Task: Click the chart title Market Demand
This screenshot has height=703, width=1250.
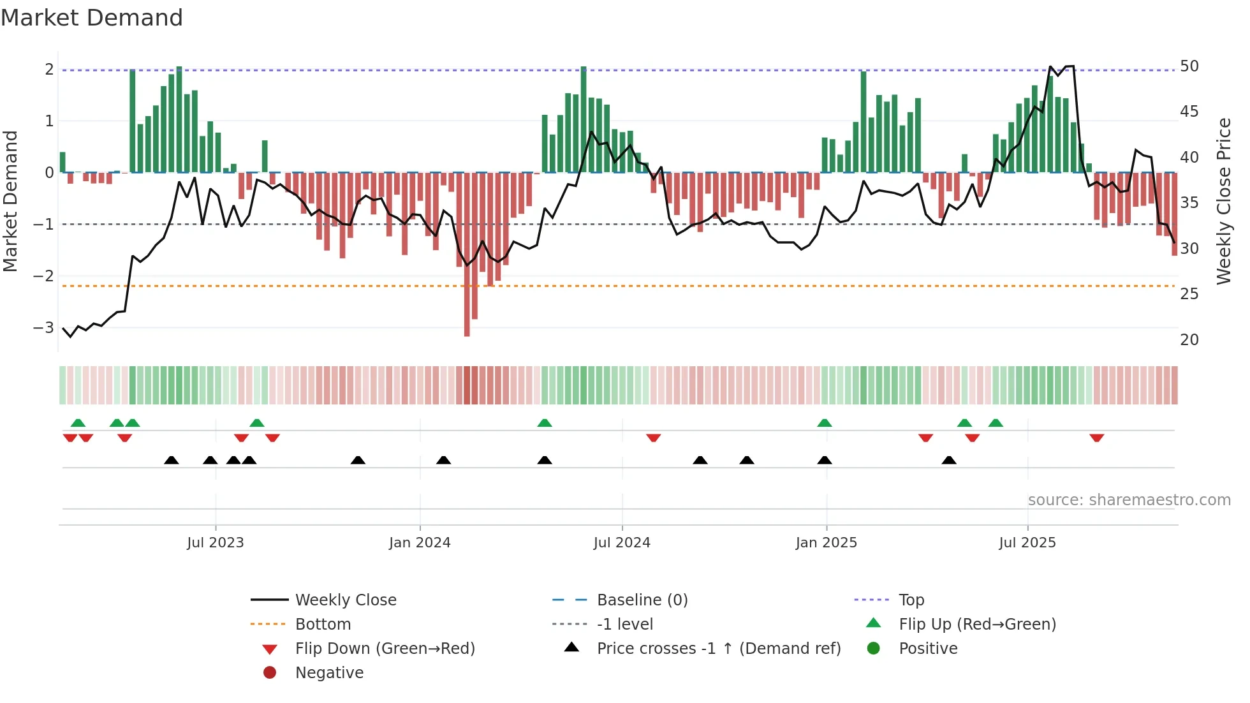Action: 92,17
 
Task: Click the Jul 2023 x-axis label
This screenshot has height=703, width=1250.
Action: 215,543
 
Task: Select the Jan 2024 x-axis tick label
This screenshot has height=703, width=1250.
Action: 420,543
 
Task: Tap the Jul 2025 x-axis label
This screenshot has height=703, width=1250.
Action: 1027,543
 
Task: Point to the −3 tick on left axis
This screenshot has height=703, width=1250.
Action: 43,328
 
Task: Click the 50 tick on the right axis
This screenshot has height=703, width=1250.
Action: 1189,66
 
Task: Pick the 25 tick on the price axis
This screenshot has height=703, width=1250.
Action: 1189,294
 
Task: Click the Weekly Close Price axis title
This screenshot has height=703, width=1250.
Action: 1223,201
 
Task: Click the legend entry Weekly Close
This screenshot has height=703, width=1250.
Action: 345,600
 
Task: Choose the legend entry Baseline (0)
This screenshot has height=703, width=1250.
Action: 642,600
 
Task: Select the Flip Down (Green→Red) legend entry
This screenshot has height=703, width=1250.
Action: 385,649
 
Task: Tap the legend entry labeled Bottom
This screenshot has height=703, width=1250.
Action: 323,625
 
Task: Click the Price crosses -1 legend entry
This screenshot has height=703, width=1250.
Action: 718,649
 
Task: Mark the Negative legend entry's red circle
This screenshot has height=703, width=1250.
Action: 270,673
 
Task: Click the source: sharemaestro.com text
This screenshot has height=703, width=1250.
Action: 1129,500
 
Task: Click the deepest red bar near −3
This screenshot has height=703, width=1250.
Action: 467,255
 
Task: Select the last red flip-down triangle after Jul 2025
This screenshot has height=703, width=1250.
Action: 1096,438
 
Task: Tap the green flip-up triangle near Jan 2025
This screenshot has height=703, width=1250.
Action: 824,423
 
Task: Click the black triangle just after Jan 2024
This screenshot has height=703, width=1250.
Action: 443,460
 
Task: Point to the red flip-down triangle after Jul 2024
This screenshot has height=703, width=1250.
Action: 653,438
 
